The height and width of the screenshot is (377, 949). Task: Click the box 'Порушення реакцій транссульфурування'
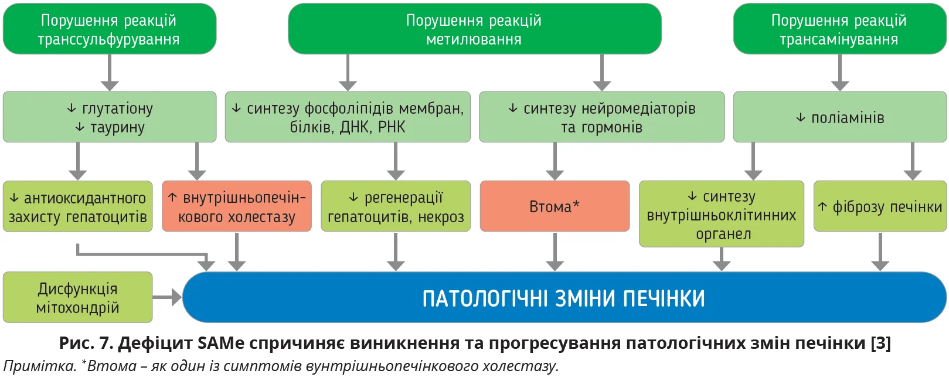[x=110, y=29]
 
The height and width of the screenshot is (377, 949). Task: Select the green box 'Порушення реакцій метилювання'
[x=474, y=29]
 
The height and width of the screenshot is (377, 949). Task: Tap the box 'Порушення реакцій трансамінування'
[x=839, y=29]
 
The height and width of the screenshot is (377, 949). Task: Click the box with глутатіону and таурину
[x=110, y=117]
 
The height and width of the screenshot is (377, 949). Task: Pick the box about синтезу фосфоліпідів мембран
[x=348, y=117]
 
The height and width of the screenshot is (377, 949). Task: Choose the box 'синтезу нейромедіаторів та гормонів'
[x=601, y=117]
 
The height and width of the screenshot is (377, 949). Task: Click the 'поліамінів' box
[x=839, y=117]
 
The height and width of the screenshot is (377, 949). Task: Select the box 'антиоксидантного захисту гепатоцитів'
[x=78, y=206]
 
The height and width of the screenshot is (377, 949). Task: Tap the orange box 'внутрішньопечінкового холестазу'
[x=237, y=206]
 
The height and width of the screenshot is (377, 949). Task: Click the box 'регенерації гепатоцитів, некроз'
[x=396, y=206]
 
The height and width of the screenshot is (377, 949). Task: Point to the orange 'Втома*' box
[x=555, y=206]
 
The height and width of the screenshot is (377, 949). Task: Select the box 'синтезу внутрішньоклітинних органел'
[x=721, y=214]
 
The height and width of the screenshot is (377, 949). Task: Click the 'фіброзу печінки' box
[x=880, y=206]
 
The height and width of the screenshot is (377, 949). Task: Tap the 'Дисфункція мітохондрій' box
[x=78, y=297]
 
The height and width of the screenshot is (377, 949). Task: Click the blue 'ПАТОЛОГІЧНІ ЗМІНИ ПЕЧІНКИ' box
[x=564, y=297]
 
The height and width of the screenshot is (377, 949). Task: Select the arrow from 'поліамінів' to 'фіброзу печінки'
[x=913, y=161]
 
